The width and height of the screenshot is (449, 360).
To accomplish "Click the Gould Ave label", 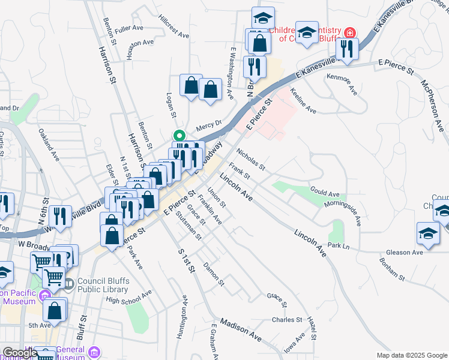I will [x=325, y=193].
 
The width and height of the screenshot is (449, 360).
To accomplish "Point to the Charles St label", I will [x=286, y=320].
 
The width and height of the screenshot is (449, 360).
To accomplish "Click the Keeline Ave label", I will [x=303, y=100].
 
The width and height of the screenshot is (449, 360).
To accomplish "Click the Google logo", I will [x=20, y=353].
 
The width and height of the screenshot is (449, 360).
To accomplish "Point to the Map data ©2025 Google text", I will [x=412, y=355].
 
